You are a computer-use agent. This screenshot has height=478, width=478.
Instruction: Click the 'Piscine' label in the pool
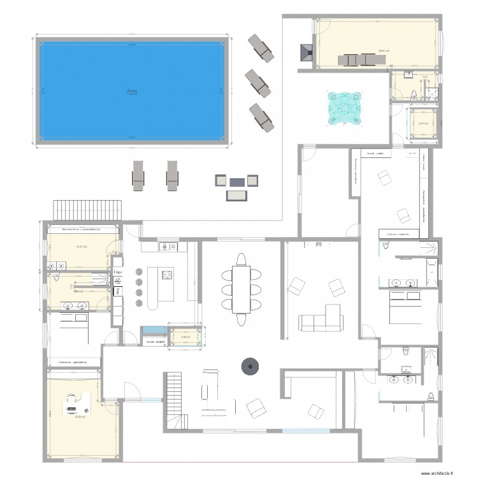click(x=132, y=91)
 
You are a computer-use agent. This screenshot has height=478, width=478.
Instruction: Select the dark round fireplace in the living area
click(x=249, y=366)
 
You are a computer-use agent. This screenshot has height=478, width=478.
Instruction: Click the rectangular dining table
click(x=242, y=290)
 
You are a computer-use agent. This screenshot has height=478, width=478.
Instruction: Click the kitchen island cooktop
click(x=168, y=275)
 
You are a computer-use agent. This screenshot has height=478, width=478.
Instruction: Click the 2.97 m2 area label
click(x=422, y=124)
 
